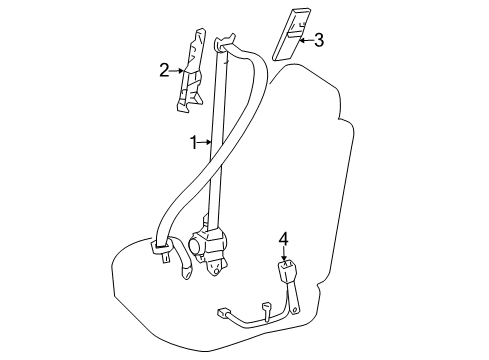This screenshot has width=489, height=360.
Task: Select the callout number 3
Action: click(x=318, y=40)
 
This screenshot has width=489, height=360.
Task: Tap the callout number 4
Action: click(x=283, y=239)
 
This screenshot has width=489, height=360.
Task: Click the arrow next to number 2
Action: click(x=178, y=70)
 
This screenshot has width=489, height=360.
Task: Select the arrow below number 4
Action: click(x=283, y=254)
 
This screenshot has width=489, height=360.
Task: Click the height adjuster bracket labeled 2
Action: click(x=191, y=79)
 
